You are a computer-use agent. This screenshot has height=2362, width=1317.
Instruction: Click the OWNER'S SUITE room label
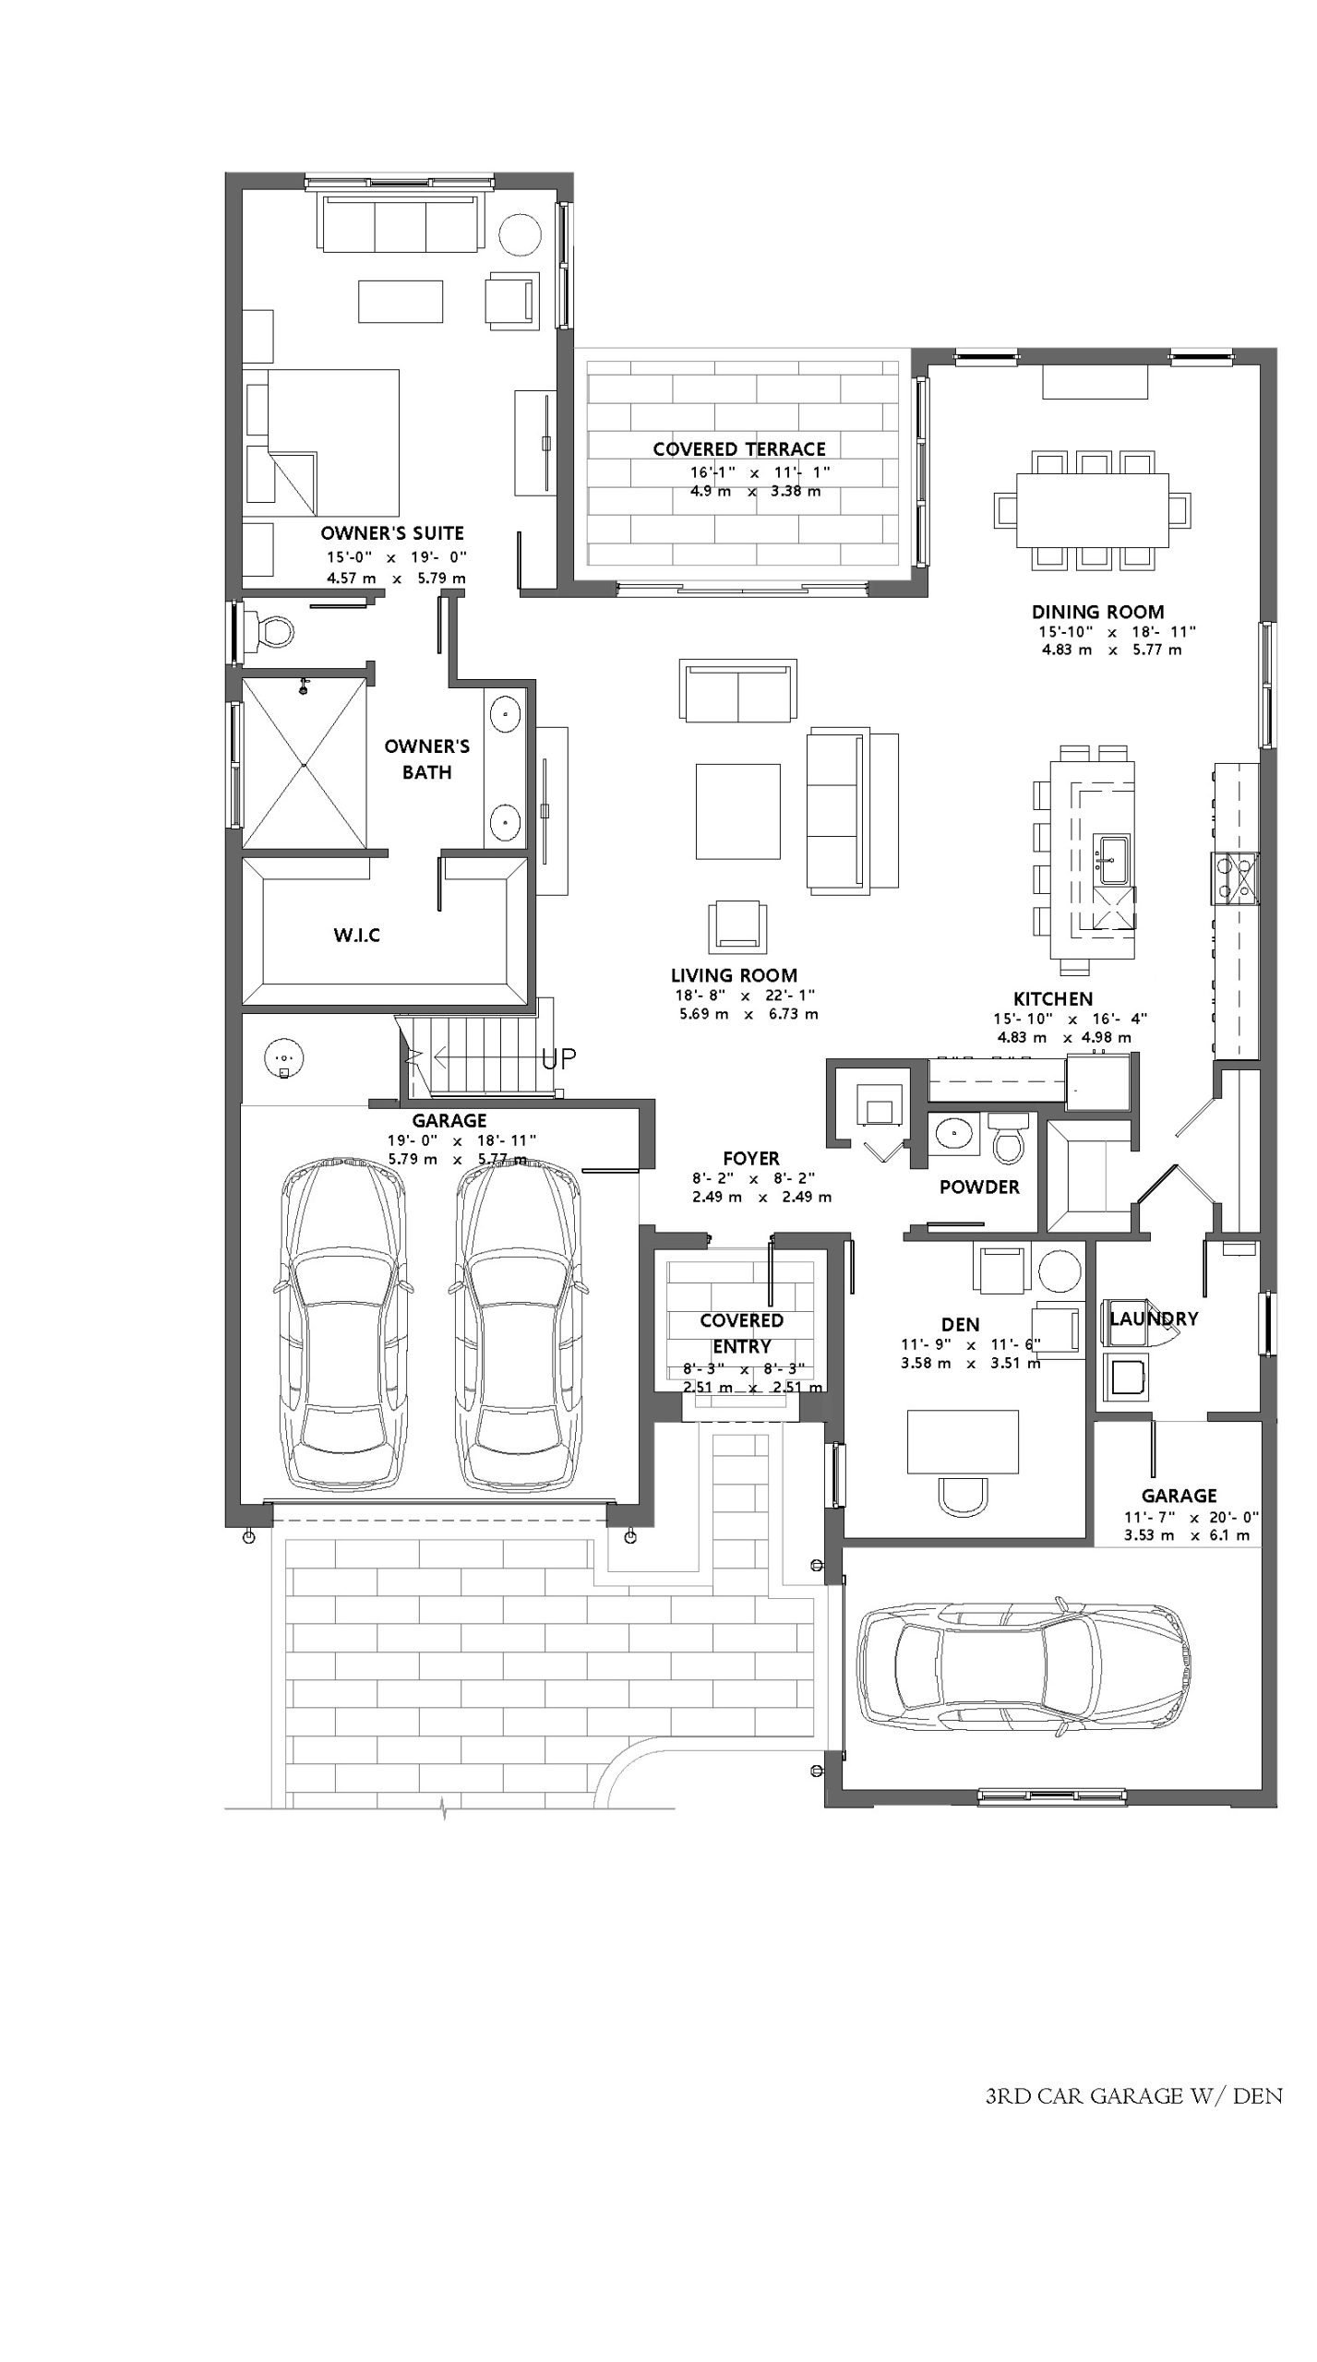[392, 533]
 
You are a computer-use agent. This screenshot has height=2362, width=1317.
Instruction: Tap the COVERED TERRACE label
[739, 449]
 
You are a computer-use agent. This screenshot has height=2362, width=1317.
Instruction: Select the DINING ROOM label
[1097, 612]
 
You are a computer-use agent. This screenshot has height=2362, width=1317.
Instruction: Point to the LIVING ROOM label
[734, 975]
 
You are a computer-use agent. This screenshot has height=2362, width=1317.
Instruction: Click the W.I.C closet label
[356, 936]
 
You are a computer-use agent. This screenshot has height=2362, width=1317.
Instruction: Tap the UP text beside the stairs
[559, 1058]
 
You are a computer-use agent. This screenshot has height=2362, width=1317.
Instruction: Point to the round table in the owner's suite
[520, 236]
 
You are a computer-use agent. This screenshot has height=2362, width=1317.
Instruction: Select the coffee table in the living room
[737, 811]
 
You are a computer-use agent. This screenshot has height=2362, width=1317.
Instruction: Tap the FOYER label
[751, 1158]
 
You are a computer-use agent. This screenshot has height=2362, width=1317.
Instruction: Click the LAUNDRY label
[1153, 1318]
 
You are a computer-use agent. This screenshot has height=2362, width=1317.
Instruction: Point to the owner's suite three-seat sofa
[401, 221]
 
